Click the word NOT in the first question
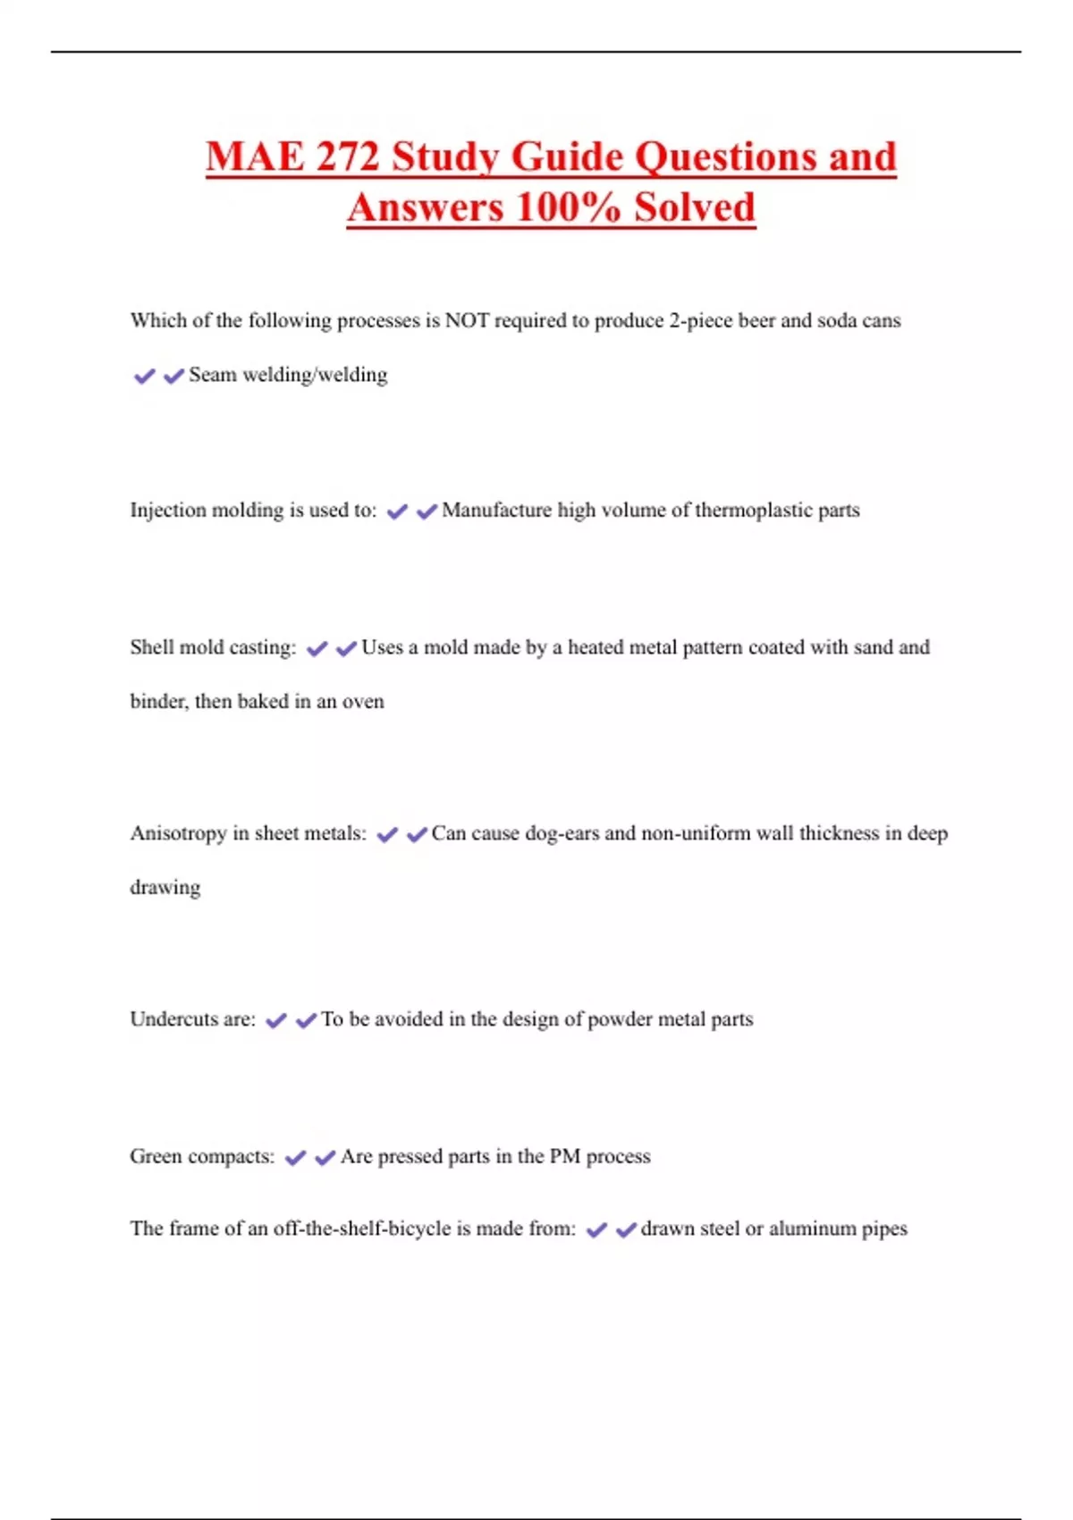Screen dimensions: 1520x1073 (467, 320)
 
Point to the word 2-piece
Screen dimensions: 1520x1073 (700, 320)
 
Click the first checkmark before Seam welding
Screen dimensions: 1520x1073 (144, 376)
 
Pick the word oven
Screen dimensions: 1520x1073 (363, 701)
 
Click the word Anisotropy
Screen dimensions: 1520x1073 (179, 833)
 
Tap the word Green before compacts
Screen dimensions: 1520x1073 (156, 1156)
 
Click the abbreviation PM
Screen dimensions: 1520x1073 (564, 1156)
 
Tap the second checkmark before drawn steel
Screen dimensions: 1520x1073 (626, 1230)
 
